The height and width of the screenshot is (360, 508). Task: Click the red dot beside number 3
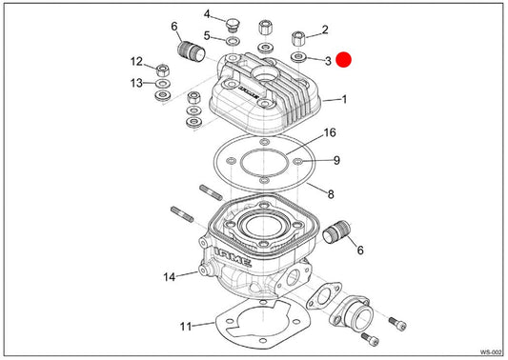[x=343, y=60]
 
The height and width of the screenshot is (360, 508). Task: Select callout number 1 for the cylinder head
[x=345, y=99]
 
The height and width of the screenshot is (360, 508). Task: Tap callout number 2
[x=325, y=30]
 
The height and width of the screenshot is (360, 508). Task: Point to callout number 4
[x=207, y=14]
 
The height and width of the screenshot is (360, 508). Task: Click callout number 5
[x=207, y=35]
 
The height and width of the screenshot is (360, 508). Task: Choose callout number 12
[x=136, y=61]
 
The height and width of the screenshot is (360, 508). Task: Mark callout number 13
[x=136, y=83]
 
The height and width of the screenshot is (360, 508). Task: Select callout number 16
[x=330, y=132]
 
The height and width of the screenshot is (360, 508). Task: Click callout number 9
[x=336, y=160]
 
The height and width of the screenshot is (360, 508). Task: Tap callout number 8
[x=331, y=194]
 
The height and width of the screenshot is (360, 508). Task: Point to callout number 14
[x=169, y=277]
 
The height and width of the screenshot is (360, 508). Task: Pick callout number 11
[x=186, y=327]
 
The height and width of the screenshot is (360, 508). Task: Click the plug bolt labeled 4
[x=232, y=26]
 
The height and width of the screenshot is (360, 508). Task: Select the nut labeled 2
[x=298, y=39]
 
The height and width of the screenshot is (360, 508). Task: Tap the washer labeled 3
[x=298, y=57]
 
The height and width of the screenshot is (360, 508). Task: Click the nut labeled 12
[x=163, y=70]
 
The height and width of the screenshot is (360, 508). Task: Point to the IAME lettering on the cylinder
[x=233, y=257]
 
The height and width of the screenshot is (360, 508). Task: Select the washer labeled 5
[x=234, y=42]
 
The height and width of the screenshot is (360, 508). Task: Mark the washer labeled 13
[x=163, y=84]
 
